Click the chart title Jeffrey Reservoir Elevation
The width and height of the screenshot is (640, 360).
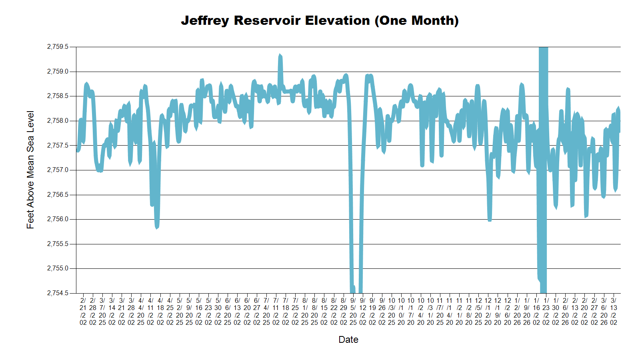point(320,20)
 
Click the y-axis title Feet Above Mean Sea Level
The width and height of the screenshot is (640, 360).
point(30,170)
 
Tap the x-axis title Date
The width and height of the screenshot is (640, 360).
point(348,340)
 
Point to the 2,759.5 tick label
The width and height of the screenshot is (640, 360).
point(58,47)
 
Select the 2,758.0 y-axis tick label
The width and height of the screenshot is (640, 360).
point(58,121)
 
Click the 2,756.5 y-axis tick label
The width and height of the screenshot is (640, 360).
point(58,195)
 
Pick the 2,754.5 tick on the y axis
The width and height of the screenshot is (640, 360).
point(58,293)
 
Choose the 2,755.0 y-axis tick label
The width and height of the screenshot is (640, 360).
point(58,268)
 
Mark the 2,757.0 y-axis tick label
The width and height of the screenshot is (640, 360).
point(58,170)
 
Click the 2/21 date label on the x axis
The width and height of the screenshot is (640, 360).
point(83,311)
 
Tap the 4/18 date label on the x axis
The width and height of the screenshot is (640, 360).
point(160,311)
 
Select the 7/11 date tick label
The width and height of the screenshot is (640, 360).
point(276,311)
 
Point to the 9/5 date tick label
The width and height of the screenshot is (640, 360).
point(353,311)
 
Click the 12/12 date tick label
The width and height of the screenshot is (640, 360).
point(488,311)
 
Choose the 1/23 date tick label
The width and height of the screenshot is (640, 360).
point(546,311)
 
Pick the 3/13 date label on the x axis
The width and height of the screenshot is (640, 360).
point(614,311)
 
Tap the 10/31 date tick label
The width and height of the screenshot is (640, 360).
point(430,311)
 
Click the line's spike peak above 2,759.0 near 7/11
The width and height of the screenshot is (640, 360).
point(280,55)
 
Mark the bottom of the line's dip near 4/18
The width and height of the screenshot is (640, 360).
point(157,227)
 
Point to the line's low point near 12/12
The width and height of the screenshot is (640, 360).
point(490,220)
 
